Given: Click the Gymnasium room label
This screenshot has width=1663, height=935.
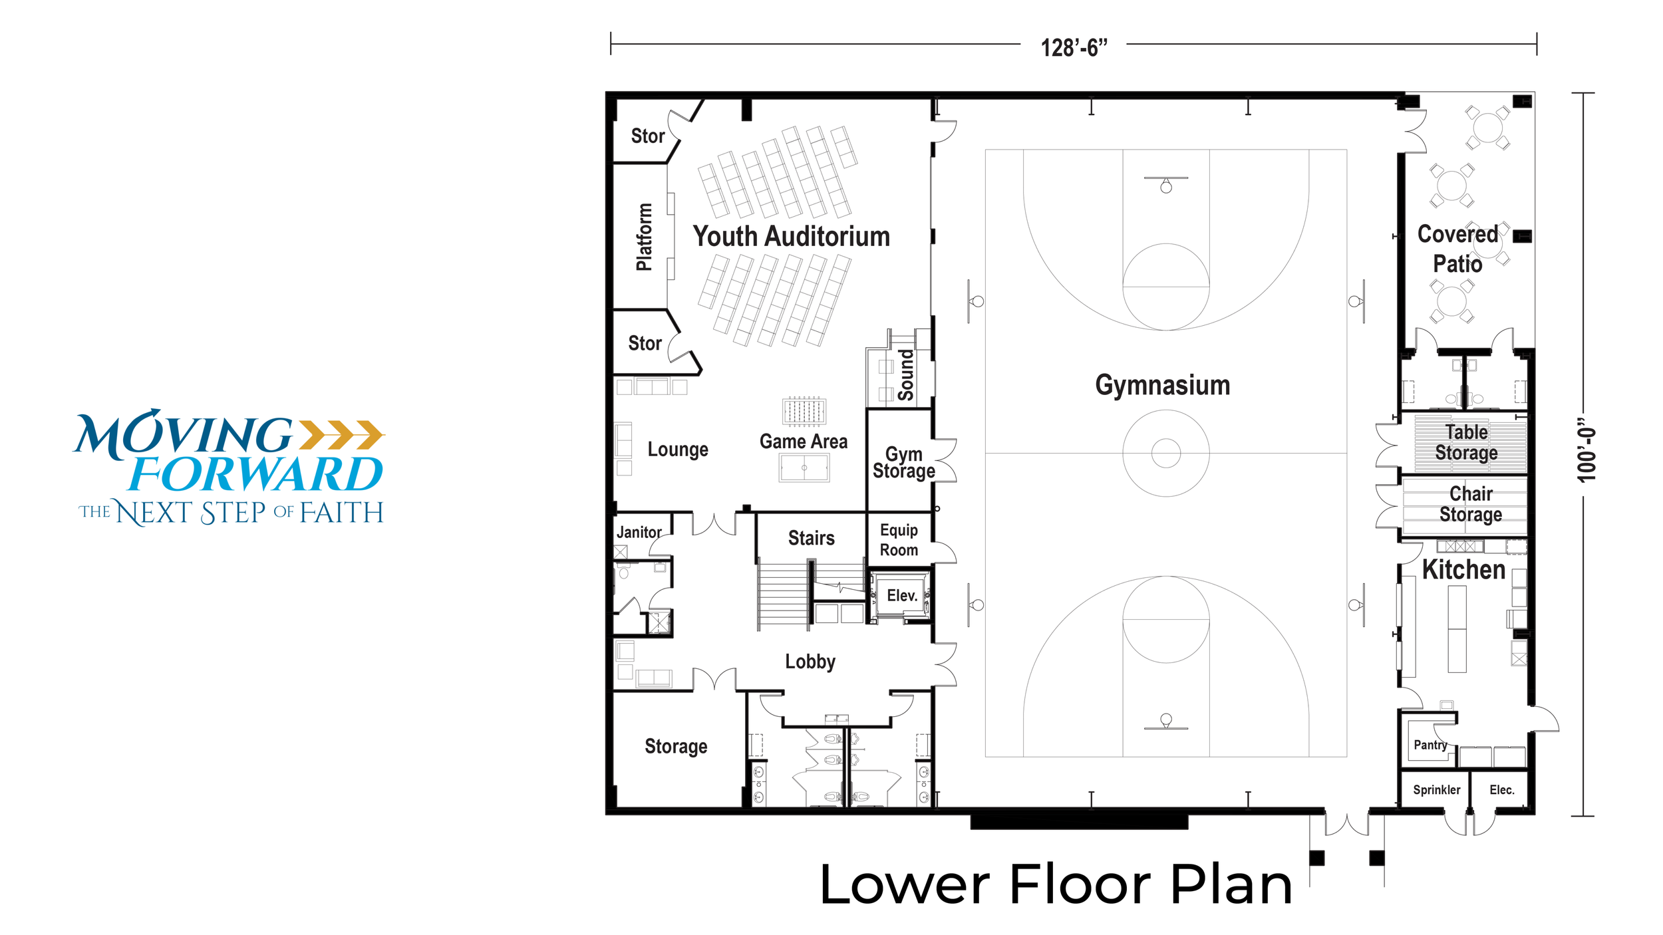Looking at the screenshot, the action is pyautogui.click(x=1162, y=386).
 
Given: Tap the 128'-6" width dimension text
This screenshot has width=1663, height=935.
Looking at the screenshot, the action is pyautogui.click(x=1074, y=47).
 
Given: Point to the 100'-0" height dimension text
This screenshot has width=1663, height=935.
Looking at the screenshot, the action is pyautogui.click(x=1586, y=450).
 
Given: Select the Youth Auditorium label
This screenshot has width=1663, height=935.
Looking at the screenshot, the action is pyautogui.click(x=791, y=237).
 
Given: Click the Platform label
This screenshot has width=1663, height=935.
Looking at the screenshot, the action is pyautogui.click(x=643, y=237).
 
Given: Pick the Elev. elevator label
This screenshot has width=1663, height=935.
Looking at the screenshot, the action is pyautogui.click(x=902, y=595).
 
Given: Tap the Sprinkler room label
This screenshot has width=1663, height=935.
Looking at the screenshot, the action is pyautogui.click(x=1436, y=789).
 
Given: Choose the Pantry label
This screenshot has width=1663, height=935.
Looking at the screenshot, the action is pyautogui.click(x=1430, y=745).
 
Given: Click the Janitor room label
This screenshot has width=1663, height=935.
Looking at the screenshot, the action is pyautogui.click(x=639, y=532).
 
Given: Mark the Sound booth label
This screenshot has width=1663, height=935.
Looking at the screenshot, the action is pyautogui.click(x=905, y=375).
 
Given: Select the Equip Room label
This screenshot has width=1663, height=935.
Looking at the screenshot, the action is pyautogui.click(x=899, y=540).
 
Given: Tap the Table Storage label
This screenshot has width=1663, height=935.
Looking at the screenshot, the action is pyautogui.click(x=1466, y=442).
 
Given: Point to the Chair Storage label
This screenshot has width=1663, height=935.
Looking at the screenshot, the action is pyautogui.click(x=1470, y=504).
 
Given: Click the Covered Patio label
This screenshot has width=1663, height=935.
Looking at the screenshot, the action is pyautogui.click(x=1457, y=249).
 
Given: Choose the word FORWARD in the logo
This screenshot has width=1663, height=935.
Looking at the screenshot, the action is pyautogui.click(x=256, y=473).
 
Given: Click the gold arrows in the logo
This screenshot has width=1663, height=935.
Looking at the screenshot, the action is pyautogui.click(x=342, y=434).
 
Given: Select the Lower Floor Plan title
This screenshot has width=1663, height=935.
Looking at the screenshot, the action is pyautogui.click(x=1056, y=884).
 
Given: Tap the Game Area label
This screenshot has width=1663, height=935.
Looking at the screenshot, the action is pyautogui.click(x=804, y=442).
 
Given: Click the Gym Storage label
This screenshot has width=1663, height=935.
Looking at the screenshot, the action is pyautogui.click(x=903, y=463).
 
